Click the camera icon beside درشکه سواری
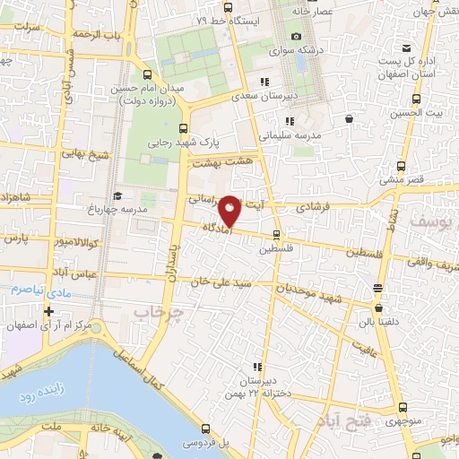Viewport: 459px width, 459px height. pos(296,37)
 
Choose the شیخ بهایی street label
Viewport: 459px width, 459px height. pos(85,155)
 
